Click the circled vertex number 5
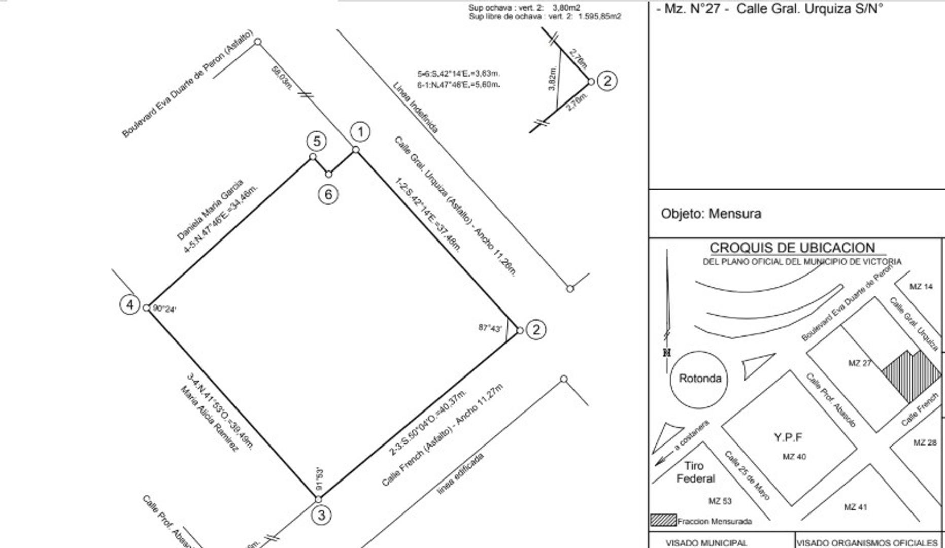pyautogui.click(x=317, y=141)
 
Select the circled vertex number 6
pyautogui.click(x=328, y=194)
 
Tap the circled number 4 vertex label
pyautogui.click(x=130, y=304)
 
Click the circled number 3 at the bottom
pyautogui.click(x=321, y=516)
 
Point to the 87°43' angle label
pyautogui.click(x=490, y=328)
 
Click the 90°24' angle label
pyautogui.click(x=164, y=309)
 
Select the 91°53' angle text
pyautogui.click(x=319, y=478)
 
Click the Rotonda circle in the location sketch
pyautogui.click(x=700, y=379)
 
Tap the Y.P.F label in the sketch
pyautogui.click(x=788, y=437)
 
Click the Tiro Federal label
pyautogui.click(x=695, y=472)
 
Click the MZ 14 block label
pyautogui.click(x=921, y=287)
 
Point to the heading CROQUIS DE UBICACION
pyautogui.click(x=792, y=248)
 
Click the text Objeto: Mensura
pyautogui.click(x=711, y=214)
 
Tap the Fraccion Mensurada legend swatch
pyautogui.click(x=663, y=521)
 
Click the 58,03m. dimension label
pyautogui.click(x=282, y=79)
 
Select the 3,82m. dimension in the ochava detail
pyautogui.click(x=553, y=79)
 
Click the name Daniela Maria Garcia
pyautogui.click(x=210, y=210)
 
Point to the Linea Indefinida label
pyautogui.click(x=415, y=108)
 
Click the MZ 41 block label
pyautogui.click(x=856, y=507)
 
